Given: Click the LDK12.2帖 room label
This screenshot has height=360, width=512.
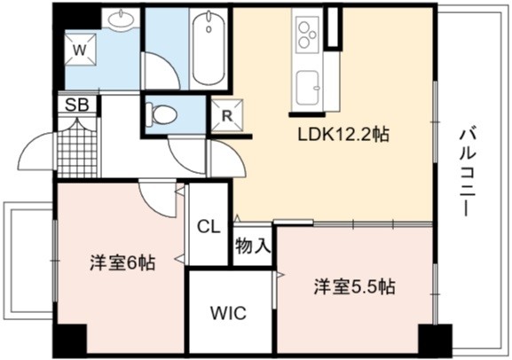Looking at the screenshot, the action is click(x=343, y=134).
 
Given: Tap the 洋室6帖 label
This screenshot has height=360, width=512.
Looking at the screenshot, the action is click(x=122, y=262).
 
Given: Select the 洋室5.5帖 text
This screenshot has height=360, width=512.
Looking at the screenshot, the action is click(x=355, y=287).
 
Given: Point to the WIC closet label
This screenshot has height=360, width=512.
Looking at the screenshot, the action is click(x=228, y=313).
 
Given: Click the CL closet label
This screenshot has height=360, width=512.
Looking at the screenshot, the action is click(x=209, y=226).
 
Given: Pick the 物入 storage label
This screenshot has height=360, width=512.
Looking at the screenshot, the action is click(x=253, y=246).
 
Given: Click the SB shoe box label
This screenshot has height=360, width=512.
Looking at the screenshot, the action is click(x=76, y=105).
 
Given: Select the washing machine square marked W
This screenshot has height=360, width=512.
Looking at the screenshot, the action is click(x=81, y=50).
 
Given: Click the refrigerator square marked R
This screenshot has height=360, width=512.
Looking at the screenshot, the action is click(x=227, y=115).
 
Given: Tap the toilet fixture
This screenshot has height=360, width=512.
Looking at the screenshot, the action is click(x=161, y=114).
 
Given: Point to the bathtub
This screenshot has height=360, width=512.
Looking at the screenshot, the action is click(x=209, y=48).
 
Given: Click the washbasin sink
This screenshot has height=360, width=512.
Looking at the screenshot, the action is click(x=121, y=20).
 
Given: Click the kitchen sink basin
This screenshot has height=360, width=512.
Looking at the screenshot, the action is click(x=308, y=88).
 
